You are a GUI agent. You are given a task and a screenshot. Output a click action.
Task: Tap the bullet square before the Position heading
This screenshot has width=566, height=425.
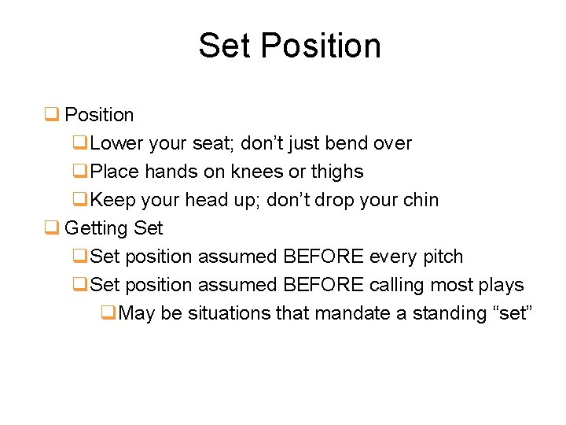click(52, 115)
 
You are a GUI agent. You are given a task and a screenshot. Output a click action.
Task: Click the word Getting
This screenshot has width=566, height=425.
click(97, 228)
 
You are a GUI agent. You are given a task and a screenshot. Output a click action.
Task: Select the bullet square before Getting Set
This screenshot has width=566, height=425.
click(52, 228)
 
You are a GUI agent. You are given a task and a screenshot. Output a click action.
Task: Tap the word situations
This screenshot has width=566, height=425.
click(229, 313)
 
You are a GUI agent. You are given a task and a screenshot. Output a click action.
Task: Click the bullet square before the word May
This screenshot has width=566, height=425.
click(109, 313)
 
